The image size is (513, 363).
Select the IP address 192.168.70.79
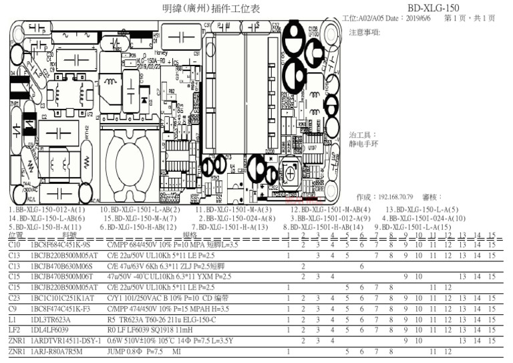(398, 197)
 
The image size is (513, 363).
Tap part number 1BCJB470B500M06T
(62, 276)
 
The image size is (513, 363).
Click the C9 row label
(13, 308)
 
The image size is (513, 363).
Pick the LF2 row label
(14, 329)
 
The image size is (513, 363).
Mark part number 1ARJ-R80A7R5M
(57, 350)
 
